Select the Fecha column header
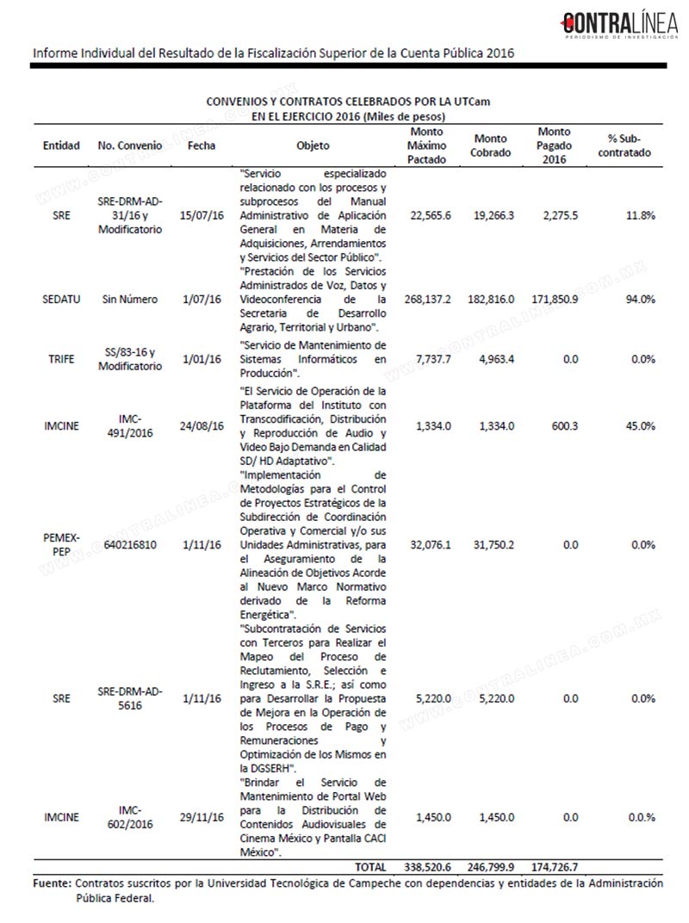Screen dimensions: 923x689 (202, 146)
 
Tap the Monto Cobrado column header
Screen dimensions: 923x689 (491, 146)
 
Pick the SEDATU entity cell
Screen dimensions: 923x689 (61, 299)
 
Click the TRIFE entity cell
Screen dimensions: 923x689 (61, 359)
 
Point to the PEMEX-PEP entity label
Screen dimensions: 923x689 (61, 544)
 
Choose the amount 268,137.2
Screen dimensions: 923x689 (428, 299)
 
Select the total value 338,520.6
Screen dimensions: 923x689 (428, 865)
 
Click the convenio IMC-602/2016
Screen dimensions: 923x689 (128, 817)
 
